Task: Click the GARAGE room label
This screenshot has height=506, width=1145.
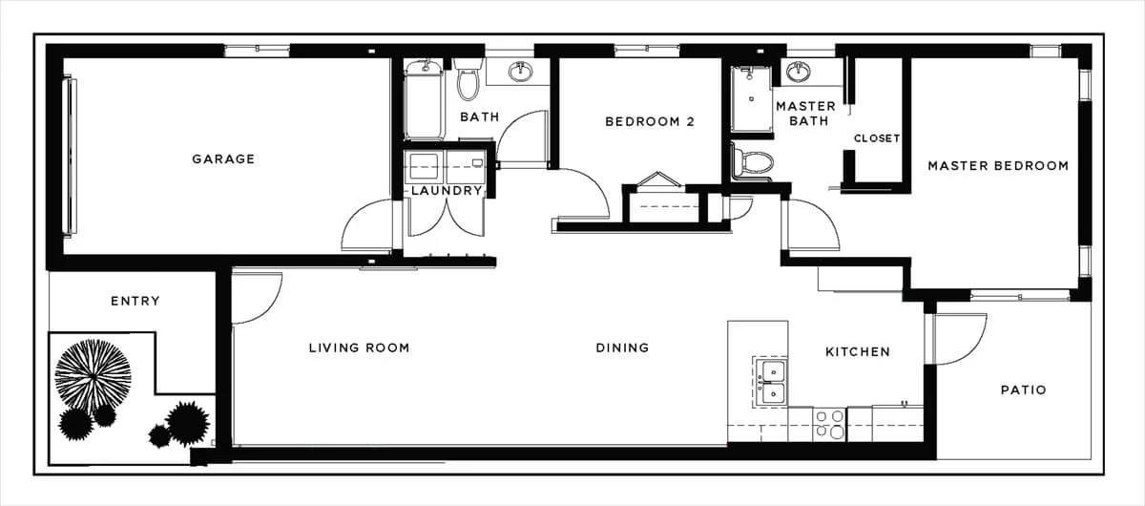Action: click(x=223, y=159)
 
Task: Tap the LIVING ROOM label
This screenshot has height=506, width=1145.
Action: click(x=360, y=348)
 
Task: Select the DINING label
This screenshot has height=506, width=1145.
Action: click(x=622, y=348)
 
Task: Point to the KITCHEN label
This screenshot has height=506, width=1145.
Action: click(x=858, y=352)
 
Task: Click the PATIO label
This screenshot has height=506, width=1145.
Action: click(x=1023, y=390)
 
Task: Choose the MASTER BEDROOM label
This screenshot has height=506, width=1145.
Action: click(x=998, y=166)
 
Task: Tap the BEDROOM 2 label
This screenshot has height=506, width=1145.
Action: click(x=650, y=122)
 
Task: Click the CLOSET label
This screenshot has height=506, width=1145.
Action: click(x=877, y=138)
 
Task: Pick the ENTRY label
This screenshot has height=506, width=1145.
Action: click(x=135, y=301)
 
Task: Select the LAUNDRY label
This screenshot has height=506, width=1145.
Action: click(x=447, y=191)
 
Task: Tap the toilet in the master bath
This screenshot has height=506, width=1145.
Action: click(x=753, y=162)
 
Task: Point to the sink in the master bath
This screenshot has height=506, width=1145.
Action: click(x=798, y=72)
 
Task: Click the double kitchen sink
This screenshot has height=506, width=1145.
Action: click(x=771, y=382)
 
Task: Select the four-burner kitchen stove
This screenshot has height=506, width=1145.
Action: click(x=829, y=424)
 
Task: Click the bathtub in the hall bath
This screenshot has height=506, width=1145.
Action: click(x=424, y=99)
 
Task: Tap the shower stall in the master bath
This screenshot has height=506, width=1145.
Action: click(x=751, y=99)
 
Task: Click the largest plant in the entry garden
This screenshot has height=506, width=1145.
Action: click(x=94, y=376)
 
